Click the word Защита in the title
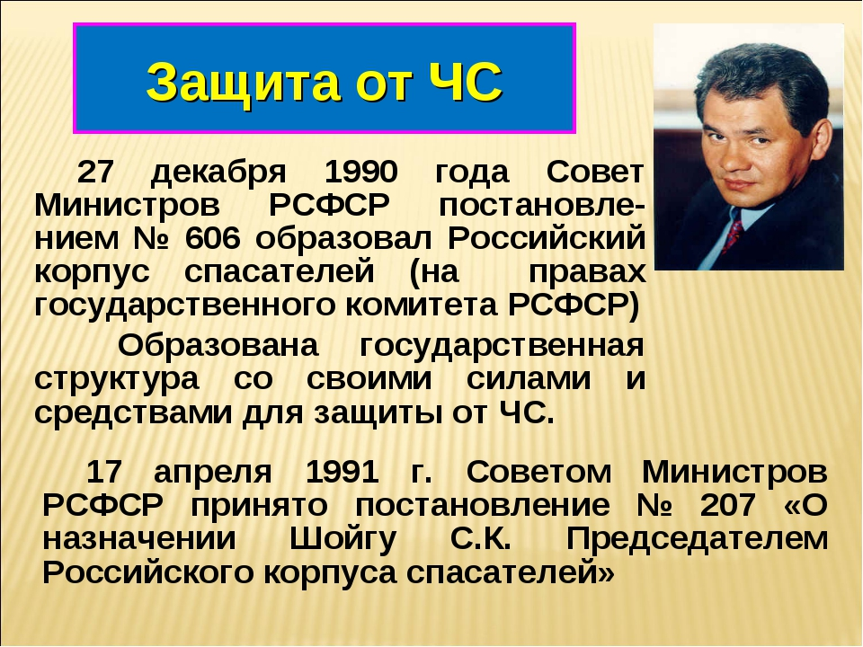243,83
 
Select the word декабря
218,173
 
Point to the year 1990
360,172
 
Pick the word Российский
546,239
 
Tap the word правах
587,271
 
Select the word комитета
421,306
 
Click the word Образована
218,346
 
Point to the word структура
117,379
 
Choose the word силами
529,379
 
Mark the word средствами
133,413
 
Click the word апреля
212,473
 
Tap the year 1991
342,472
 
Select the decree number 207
727,505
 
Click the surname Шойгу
343,539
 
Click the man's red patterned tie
733,232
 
